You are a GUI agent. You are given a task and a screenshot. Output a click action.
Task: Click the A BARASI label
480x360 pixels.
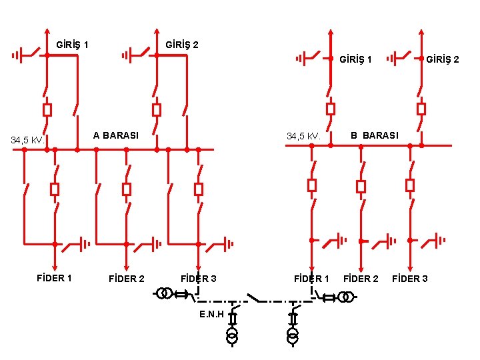[116, 135]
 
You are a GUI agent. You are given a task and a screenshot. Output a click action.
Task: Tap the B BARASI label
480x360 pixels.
[375, 135]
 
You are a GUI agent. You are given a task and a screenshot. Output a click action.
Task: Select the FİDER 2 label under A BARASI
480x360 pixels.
[126, 279]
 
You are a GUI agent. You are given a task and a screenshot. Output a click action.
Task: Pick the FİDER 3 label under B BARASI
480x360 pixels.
[410, 278]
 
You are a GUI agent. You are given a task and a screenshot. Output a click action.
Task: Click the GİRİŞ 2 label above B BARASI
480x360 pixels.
[442, 59]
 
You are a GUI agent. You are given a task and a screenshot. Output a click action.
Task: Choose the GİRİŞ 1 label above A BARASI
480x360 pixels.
[73, 45]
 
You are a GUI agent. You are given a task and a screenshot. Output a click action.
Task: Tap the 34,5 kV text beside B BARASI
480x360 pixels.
[304, 137]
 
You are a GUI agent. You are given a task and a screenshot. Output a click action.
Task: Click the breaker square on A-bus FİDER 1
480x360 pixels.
[55, 189]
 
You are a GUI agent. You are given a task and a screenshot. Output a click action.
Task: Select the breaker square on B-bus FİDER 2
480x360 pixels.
[361, 187]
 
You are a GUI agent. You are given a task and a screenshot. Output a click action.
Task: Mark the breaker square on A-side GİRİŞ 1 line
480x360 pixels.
[47, 110]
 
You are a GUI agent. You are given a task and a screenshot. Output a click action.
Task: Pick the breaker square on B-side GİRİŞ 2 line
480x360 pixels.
[421, 109]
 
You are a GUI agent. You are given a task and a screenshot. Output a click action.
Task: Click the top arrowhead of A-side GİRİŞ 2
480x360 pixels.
[156, 31]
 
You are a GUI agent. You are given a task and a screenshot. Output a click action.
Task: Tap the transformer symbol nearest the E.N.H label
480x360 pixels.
[232, 335]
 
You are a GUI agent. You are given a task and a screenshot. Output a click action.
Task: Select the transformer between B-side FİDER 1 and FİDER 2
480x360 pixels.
[343, 297]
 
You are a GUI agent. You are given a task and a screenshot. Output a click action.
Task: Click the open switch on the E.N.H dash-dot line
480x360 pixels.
[253, 297]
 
